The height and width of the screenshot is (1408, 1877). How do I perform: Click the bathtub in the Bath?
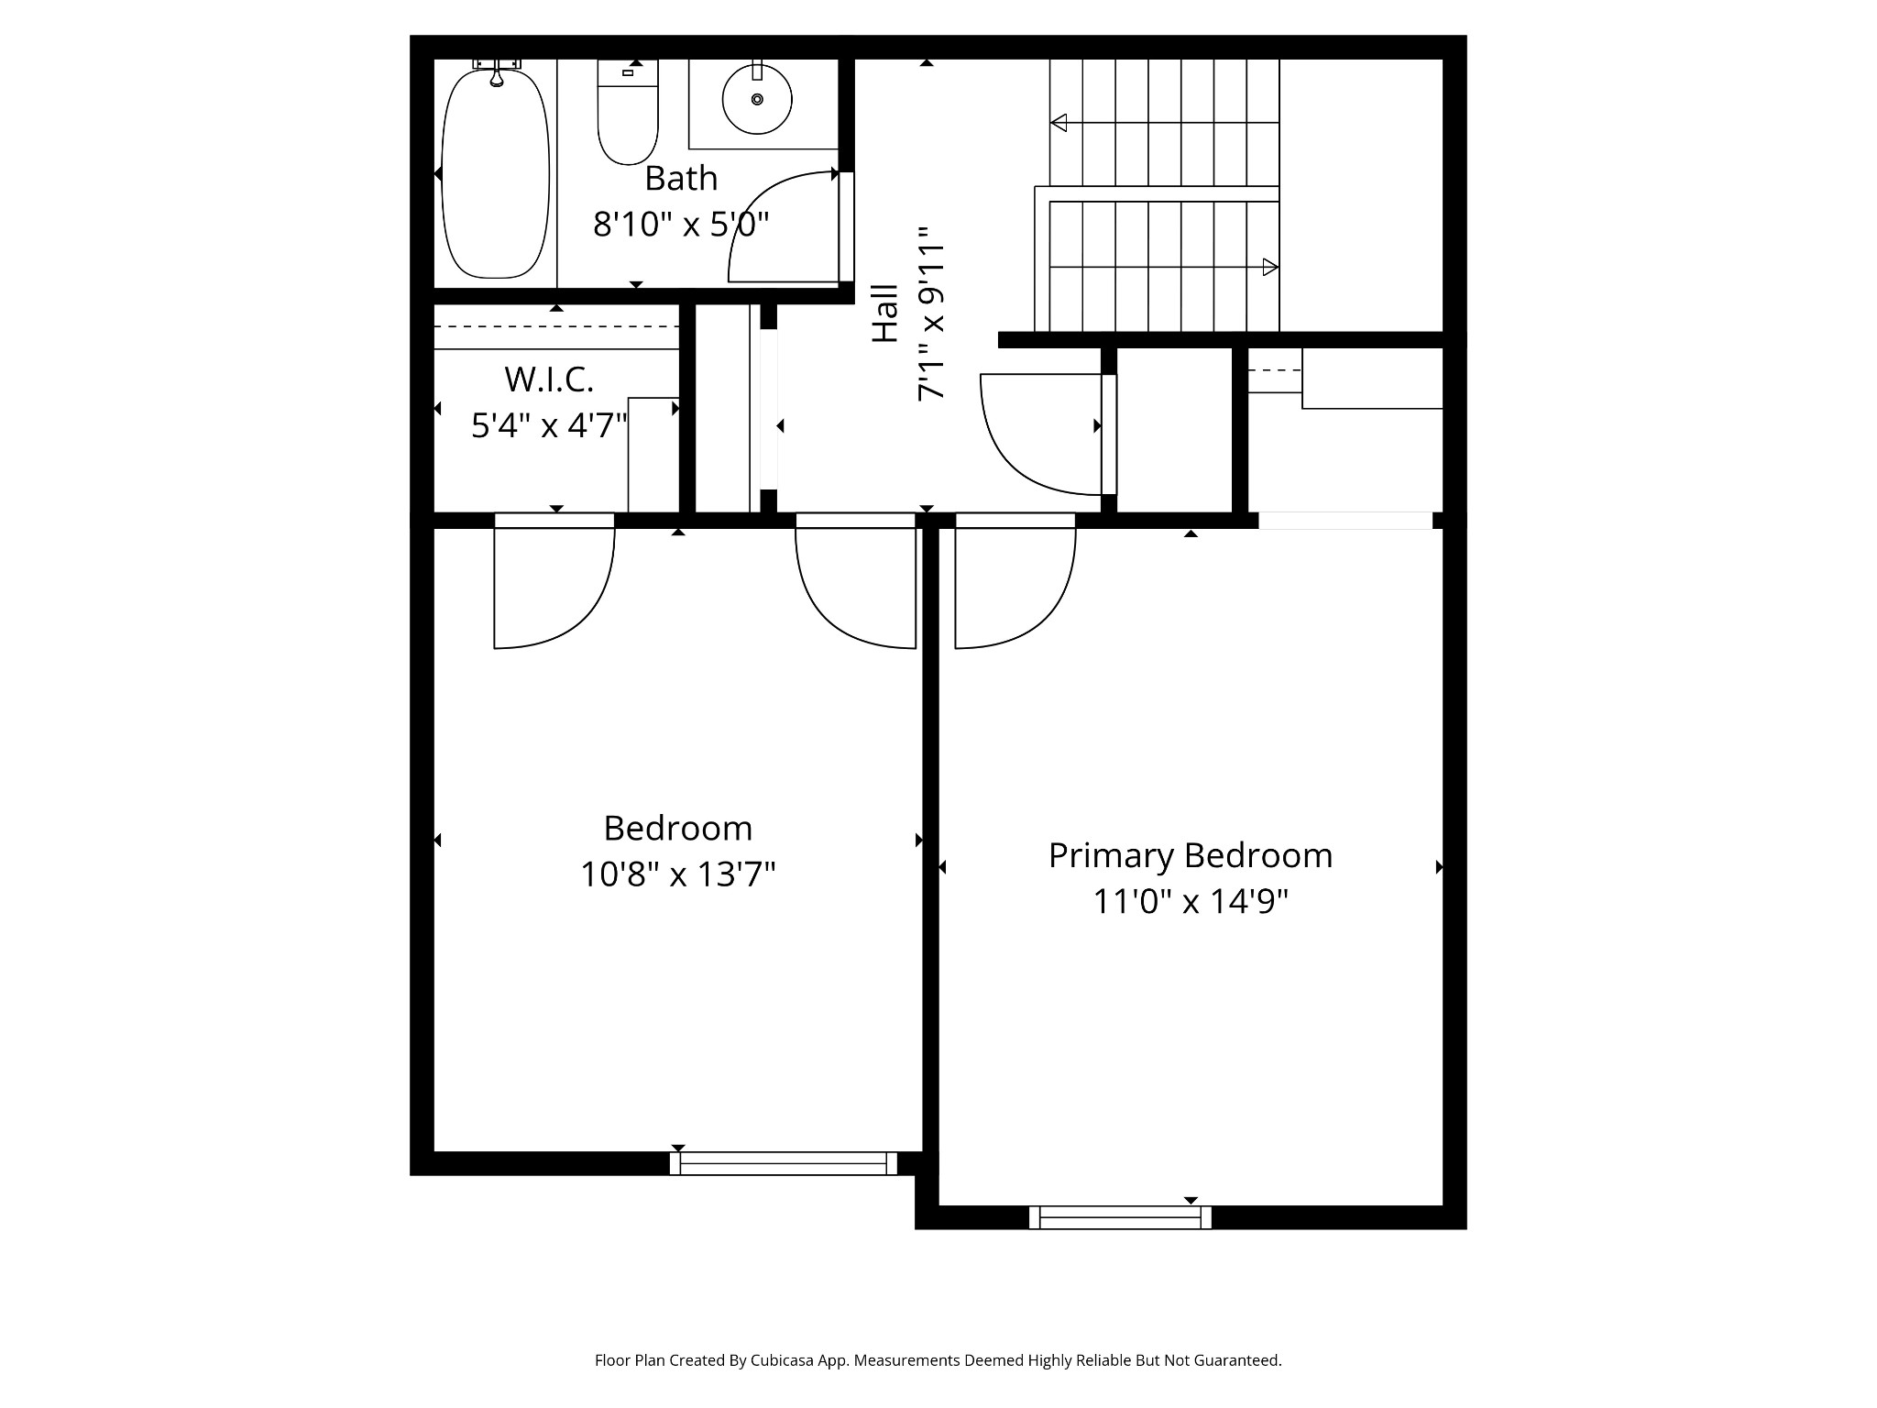495,174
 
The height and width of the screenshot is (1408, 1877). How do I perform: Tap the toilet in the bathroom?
628,115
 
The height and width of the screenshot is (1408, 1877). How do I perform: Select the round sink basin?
757,99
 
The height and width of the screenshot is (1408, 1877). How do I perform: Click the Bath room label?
681,179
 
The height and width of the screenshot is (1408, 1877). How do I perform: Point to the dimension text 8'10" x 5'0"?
681,225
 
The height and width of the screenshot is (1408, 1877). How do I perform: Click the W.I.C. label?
549,379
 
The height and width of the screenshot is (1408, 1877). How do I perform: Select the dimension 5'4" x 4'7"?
549,425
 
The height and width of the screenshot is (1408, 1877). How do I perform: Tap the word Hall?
885,313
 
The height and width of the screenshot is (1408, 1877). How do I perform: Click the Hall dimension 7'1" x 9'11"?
931,313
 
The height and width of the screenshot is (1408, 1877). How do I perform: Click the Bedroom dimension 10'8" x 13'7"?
678,874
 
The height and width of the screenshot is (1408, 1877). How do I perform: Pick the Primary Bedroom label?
1190,855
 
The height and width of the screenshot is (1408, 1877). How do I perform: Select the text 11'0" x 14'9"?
1190,902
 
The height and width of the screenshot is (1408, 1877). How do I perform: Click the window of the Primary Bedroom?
1120,1217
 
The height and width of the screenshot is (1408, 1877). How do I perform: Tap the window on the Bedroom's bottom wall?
784,1163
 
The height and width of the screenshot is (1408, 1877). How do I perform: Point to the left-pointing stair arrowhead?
1059,122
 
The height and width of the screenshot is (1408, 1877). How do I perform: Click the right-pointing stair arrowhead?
1270,268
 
